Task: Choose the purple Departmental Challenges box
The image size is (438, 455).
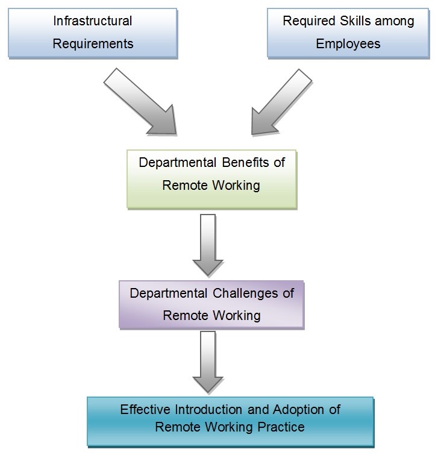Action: point(211,305)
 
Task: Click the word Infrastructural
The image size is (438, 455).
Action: point(92,21)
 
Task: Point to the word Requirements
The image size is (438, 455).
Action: point(92,44)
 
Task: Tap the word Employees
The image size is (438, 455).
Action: point(348,44)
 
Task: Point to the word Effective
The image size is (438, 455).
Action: point(143,409)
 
